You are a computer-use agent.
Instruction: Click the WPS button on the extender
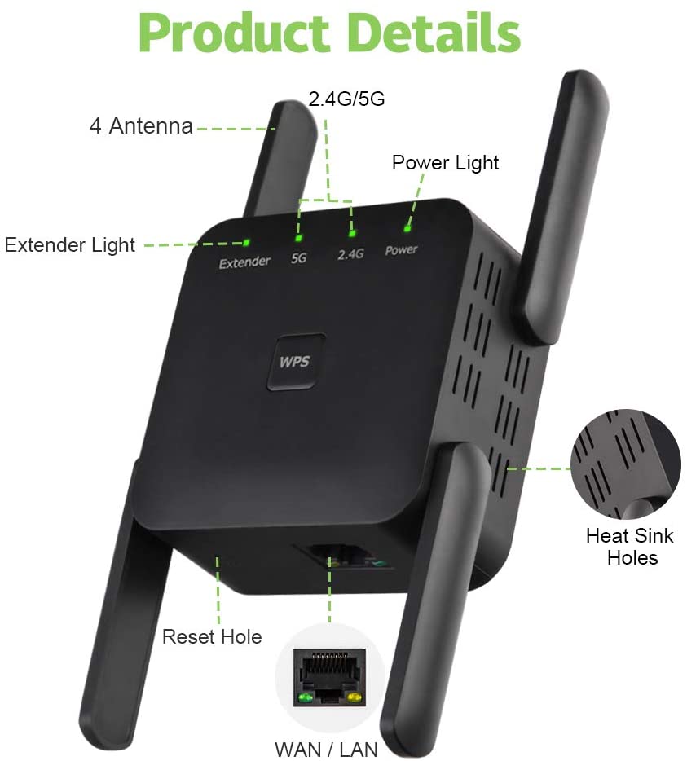295,361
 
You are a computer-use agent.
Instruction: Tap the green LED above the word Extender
245,241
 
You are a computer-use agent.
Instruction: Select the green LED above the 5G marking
299,238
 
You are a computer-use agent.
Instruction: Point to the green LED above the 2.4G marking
353,234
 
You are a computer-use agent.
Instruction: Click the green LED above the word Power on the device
406,231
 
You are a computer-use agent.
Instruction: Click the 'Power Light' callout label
445,162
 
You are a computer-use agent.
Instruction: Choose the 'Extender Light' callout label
70,244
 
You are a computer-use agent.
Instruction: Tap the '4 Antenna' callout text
141,126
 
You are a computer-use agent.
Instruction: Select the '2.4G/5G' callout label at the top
346,99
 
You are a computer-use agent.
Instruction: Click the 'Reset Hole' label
212,636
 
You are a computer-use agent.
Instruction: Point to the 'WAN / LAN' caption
326,747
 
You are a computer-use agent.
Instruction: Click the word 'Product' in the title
232,33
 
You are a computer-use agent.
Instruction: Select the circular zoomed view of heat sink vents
625,463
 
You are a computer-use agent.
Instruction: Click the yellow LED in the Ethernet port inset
355,698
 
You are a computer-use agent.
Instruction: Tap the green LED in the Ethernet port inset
306,698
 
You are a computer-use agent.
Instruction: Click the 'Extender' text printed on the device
244,262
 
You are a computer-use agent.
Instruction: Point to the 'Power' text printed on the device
401,250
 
